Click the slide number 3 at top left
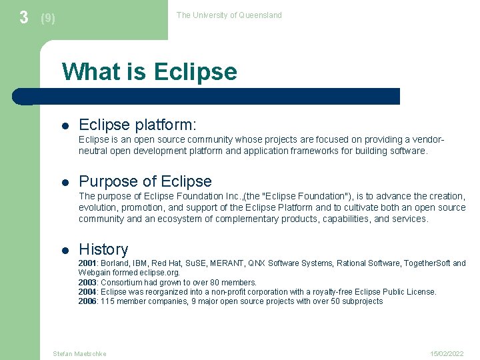[24, 17]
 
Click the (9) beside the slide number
[48, 19]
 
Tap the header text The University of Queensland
[229, 15]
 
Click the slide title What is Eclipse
[149, 71]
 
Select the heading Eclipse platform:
[137, 125]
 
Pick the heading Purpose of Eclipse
[145, 181]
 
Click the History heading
[103, 249]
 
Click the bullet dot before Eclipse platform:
[65, 125]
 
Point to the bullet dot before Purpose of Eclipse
[65, 182]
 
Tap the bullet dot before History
[65, 250]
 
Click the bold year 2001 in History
[88, 263]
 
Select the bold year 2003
[88, 283]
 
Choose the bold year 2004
[88, 292]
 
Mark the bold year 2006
[88, 301]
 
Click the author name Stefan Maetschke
[79, 353]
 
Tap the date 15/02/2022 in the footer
[447, 353]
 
